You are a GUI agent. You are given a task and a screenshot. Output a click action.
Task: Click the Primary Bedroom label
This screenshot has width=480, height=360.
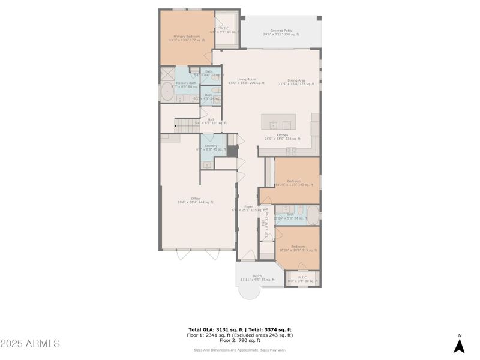pyautogui.click(x=185, y=38)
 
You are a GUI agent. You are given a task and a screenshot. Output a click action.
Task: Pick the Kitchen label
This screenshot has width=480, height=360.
pyautogui.click(x=282, y=137)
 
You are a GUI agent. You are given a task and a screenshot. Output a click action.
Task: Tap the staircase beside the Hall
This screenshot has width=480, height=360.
pyautogui.click(x=185, y=125)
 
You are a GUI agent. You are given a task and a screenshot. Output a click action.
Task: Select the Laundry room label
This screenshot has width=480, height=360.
pyautogui.click(x=211, y=147)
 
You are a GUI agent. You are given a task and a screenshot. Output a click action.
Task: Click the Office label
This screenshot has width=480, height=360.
pyautogui.click(x=196, y=200)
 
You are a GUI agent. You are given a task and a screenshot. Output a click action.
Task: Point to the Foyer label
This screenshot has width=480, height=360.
pyautogui.click(x=247, y=208)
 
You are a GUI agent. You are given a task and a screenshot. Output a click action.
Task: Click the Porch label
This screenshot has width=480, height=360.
pyautogui.click(x=257, y=278)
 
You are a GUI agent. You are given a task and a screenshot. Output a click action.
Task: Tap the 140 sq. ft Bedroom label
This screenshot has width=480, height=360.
pyautogui.click(x=294, y=182)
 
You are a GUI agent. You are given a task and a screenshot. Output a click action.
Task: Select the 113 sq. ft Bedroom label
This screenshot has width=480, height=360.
pyautogui.click(x=298, y=248)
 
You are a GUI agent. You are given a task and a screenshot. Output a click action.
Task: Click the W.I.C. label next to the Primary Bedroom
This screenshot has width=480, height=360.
pyautogui.click(x=224, y=29)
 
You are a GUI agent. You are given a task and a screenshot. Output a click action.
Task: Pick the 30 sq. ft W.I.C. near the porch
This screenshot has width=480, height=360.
pyautogui.click(x=302, y=280)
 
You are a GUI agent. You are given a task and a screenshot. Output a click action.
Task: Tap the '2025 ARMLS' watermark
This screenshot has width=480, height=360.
pyautogui.click(x=30, y=344)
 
